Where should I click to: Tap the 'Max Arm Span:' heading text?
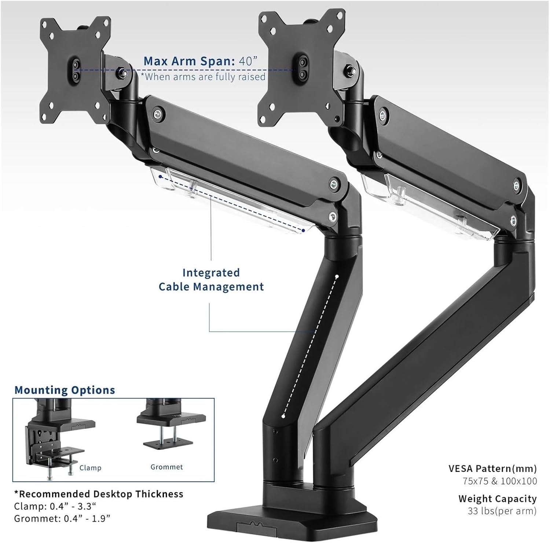pos(189,61)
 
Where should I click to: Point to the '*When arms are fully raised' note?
pos(203,77)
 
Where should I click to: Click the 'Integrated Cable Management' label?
pos(211,279)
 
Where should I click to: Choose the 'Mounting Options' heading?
pos(65,390)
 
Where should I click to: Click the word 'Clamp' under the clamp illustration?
pos(90,468)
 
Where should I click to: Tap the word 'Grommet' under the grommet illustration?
pos(166,467)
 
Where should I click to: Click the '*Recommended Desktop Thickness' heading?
pos(99,494)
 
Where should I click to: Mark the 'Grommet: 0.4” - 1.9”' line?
pos(62,518)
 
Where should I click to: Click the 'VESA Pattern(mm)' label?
pos(492,469)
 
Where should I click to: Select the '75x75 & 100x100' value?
pos(499,481)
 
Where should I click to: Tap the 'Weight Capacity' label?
pos(497,499)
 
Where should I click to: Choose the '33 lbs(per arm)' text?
pos(502,511)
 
